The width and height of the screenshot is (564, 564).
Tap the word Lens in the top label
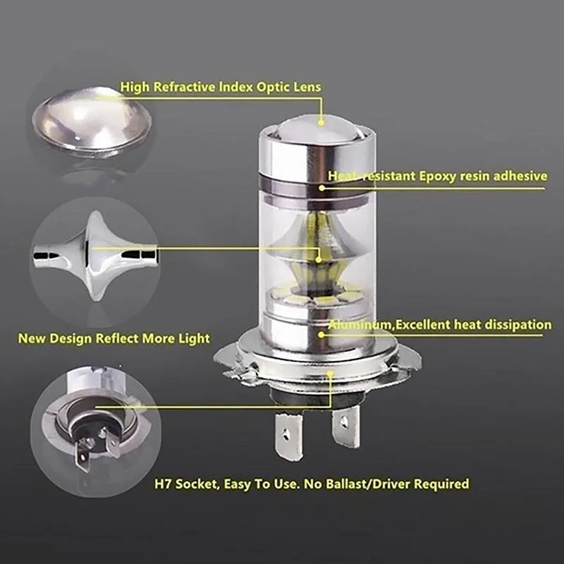tap(306, 87)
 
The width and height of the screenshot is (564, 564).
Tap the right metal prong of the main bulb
tap(345, 427)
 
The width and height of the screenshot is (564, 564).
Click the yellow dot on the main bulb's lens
tap(321, 122)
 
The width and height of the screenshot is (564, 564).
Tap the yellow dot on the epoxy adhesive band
tap(321, 188)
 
